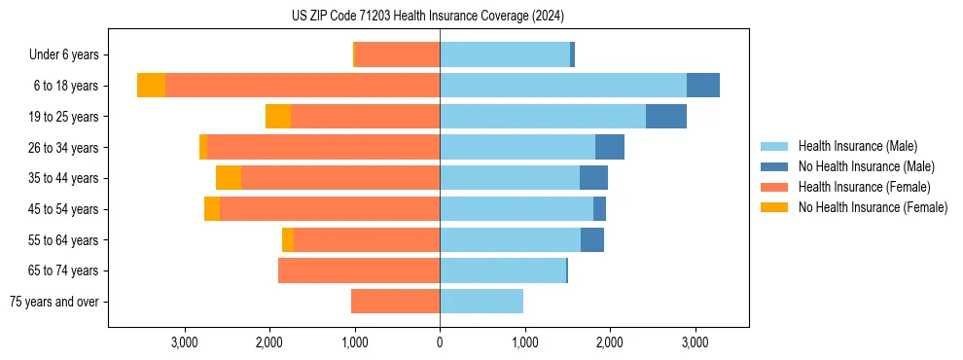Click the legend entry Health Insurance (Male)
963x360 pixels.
point(857,146)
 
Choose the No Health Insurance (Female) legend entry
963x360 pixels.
point(873,207)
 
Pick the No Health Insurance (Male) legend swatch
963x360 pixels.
point(774,166)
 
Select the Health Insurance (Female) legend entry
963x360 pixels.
point(864,187)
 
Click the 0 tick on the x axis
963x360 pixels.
point(440,342)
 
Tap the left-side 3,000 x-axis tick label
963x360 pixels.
point(184,342)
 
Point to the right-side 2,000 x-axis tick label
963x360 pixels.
point(609,342)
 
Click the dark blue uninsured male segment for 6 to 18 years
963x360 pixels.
point(703,86)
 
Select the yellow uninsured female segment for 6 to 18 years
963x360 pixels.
point(151,86)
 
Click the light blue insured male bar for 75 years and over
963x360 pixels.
point(481,302)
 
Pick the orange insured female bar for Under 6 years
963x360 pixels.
point(398,55)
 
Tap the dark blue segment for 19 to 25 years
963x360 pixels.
point(666,117)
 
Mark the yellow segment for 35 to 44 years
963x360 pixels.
point(229,178)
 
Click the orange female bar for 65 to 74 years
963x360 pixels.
point(359,270)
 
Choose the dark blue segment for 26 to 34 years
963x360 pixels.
point(610,148)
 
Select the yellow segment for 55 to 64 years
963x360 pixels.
point(288,240)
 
